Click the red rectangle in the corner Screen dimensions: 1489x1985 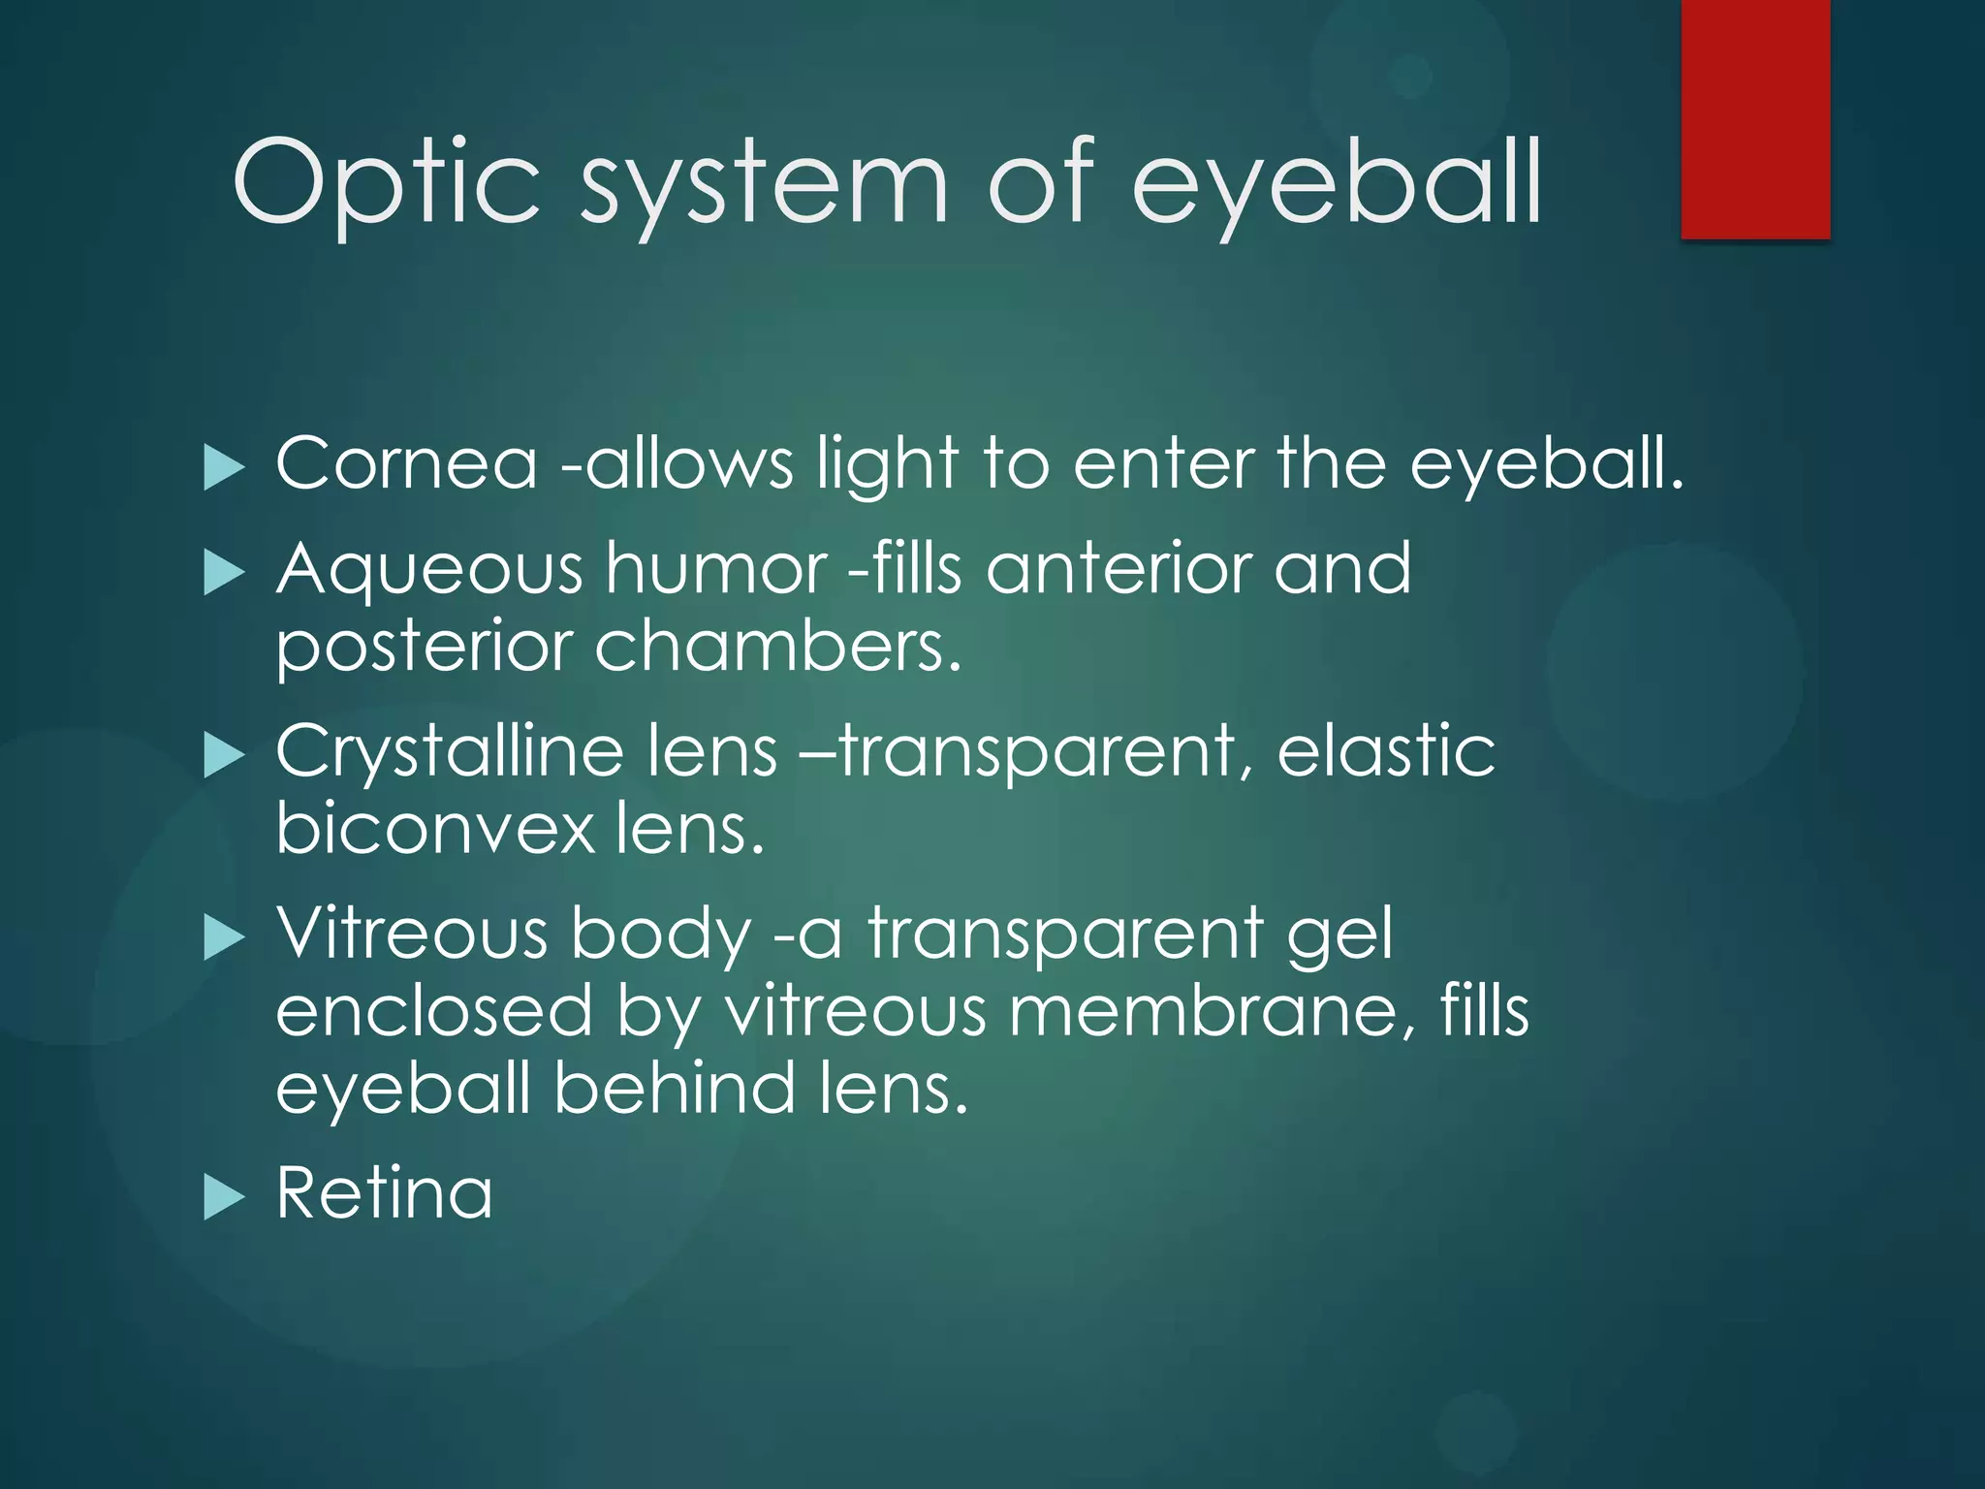point(1755,118)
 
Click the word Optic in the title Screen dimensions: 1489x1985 point(385,184)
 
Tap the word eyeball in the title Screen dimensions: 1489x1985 point(1337,184)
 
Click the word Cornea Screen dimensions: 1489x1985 point(406,463)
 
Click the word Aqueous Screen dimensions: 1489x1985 point(429,570)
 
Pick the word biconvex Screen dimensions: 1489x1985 point(434,829)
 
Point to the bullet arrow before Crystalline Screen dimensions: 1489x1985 point(224,756)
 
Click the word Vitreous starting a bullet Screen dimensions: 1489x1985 point(412,934)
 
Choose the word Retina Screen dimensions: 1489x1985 point(384,1193)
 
